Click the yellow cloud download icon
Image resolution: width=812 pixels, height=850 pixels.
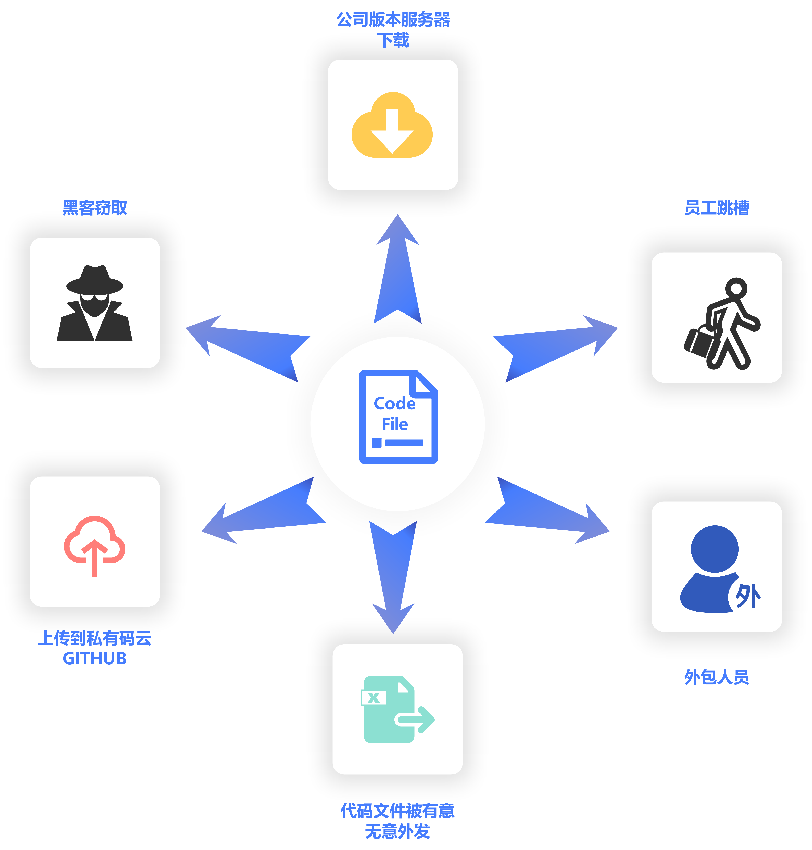pyautogui.click(x=392, y=126)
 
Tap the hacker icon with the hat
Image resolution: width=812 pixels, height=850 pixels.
pyautogui.click(x=94, y=303)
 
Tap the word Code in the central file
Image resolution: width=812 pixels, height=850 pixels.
pyautogui.click(x=394, y=403)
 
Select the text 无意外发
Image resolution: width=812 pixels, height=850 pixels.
pyautogui.click(x=397, y=831)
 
